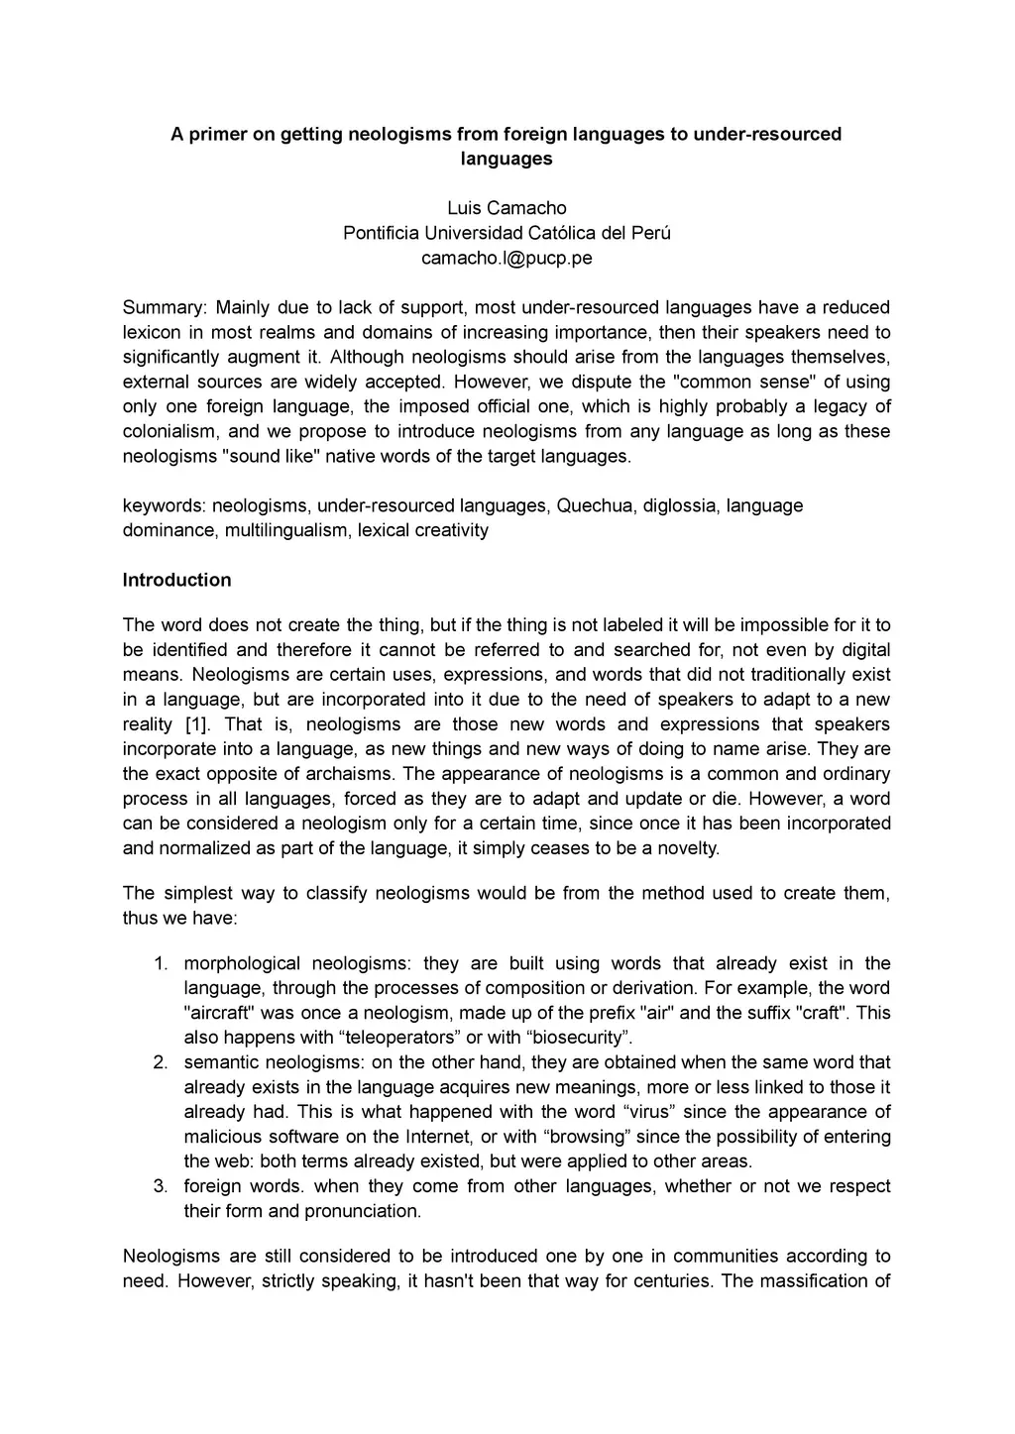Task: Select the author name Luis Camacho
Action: (507, 208)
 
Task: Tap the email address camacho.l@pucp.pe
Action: (507, 258)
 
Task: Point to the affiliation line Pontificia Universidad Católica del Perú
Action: (507, 233)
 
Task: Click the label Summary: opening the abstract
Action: (165, 307)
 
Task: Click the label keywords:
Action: (164, 505)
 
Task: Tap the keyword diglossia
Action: (679, 505)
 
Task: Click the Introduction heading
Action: (176, 580)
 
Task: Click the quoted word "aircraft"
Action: (219, 1013)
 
